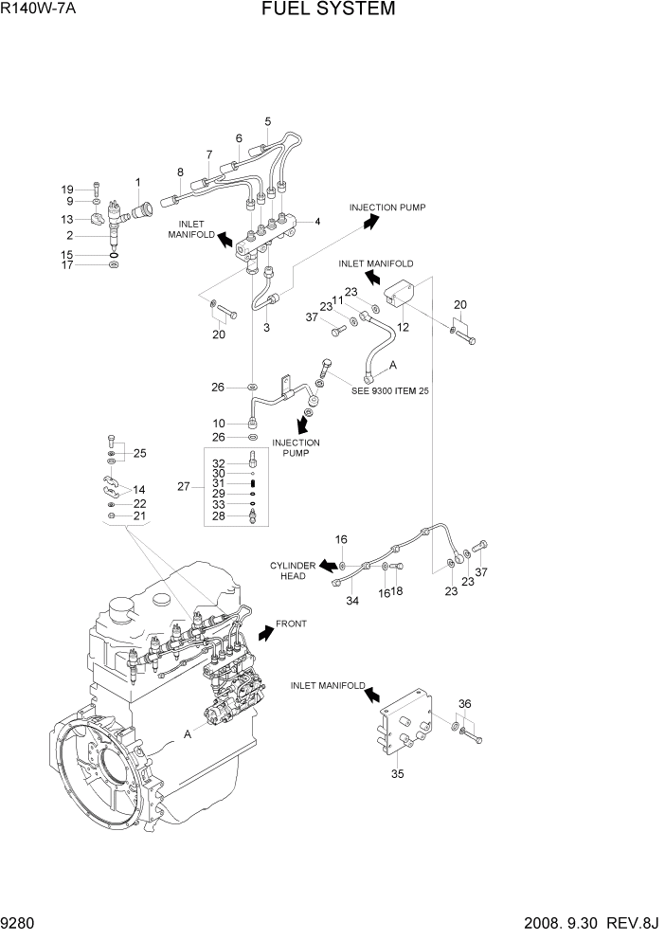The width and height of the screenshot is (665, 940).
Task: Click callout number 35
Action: (x=398, y=773)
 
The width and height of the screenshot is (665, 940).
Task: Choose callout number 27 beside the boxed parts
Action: (x=184, y=486)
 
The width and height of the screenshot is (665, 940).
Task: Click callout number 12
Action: (x=403, y=328)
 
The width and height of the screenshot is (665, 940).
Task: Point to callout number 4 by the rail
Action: (x=317, y=222)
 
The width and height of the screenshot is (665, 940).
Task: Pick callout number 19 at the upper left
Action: (x=67, y=189)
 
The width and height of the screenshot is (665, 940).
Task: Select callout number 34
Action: (x=352, y=602)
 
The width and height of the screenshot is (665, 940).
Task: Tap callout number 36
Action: (x=463, y=703)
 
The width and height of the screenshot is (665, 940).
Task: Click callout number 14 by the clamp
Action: (x=139, y=491)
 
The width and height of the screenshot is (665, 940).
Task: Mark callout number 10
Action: (x=219, y=423)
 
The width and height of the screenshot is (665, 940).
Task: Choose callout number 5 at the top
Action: (x=268, y=121)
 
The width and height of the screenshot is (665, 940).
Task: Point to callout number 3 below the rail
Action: (x=266, y=328)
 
